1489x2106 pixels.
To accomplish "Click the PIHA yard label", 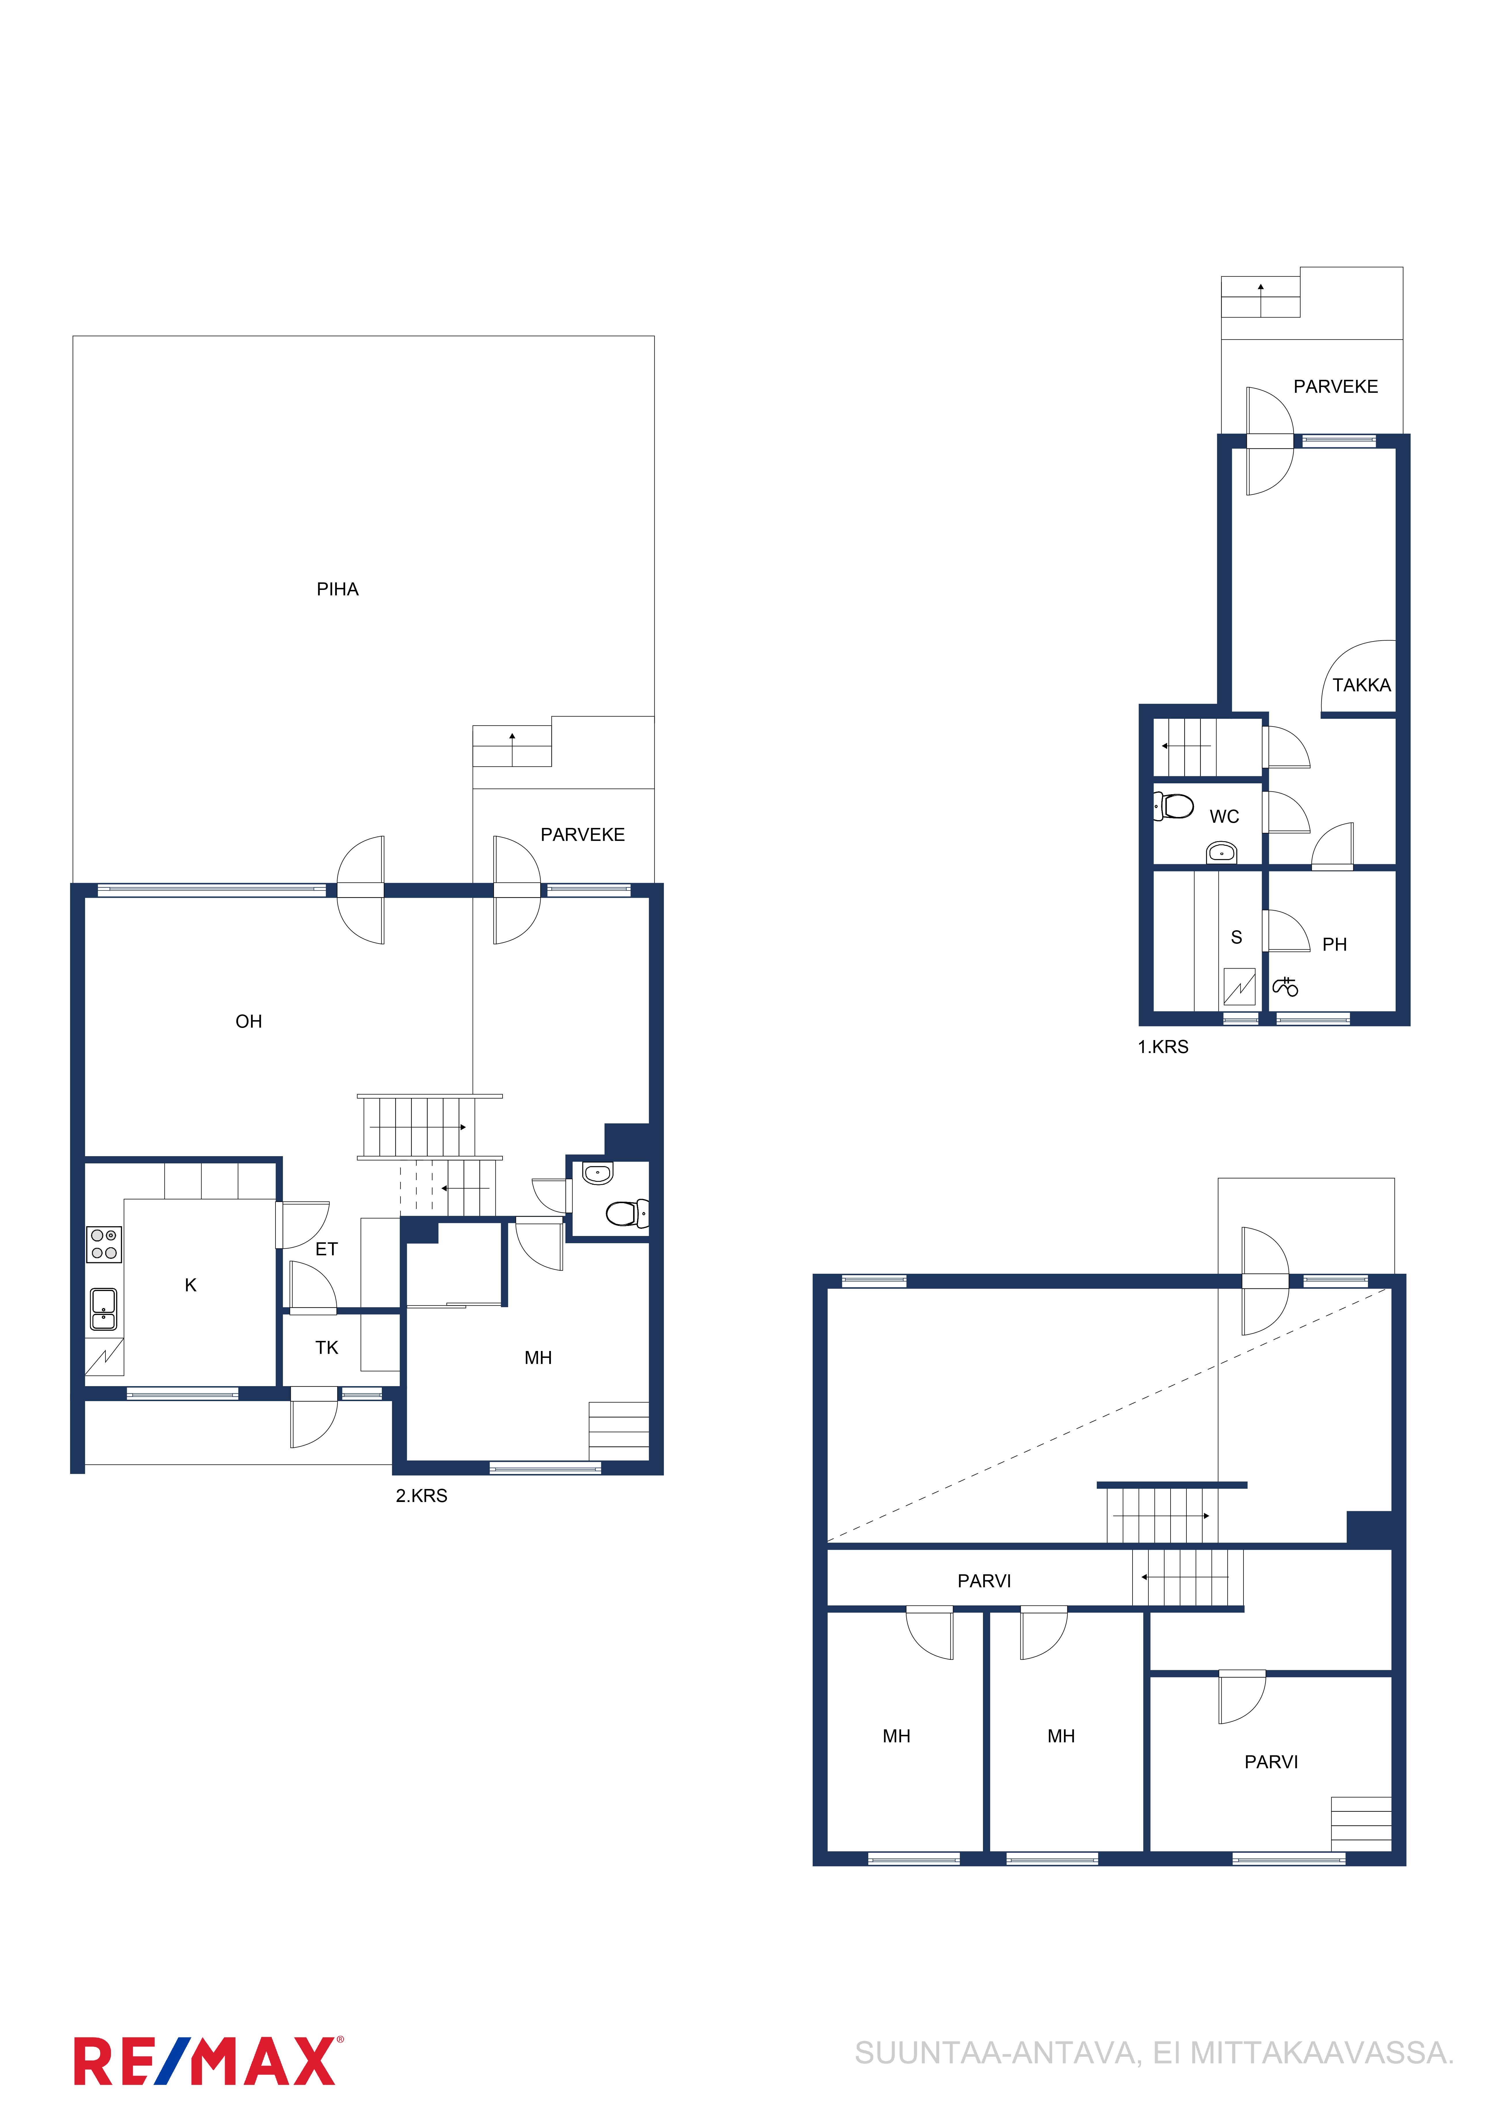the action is tap(338, 589).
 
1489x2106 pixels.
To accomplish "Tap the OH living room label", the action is tap(249, 1021).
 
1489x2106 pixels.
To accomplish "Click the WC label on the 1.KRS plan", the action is tap(1224, 816).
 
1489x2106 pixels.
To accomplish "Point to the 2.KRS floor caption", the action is tap(421, 1495).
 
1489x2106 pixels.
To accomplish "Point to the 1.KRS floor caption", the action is tap(1162, 1047).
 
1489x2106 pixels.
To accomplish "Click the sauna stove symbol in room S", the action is tap(1239, 987).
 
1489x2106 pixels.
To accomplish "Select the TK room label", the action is tap(327, 1348).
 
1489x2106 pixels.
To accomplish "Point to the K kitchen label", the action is tap(191, 1285).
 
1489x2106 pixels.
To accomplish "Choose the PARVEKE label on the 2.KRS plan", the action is tap(583, 835).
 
